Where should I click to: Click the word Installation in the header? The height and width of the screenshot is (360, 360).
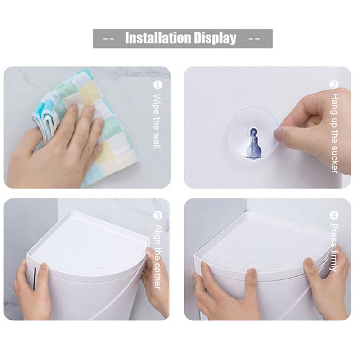[158, 38]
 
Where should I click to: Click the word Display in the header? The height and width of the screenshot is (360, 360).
[215, 39]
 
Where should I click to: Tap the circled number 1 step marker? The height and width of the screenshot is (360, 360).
[158, 85]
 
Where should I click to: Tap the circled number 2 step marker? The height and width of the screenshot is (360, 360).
[334, 85]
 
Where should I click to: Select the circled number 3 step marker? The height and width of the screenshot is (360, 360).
[158, 216]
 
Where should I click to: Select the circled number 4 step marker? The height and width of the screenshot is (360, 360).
[334, 216]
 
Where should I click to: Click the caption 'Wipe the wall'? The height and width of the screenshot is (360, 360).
[157, 121]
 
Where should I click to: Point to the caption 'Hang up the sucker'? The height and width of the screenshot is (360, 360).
[334, 133]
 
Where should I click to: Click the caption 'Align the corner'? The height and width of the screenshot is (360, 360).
[158, 256]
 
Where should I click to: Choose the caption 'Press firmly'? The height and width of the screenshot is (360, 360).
[334, 247]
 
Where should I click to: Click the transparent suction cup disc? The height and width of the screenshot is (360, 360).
[252, 133]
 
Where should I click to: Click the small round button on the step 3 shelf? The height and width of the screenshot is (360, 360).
[99, 266]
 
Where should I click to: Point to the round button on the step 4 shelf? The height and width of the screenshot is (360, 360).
[275, 264]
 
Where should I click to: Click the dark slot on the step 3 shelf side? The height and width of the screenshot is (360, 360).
[35, 278]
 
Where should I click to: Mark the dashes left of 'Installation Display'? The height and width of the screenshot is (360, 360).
[108, 39]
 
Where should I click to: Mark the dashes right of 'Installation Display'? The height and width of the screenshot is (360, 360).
[254, 39]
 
